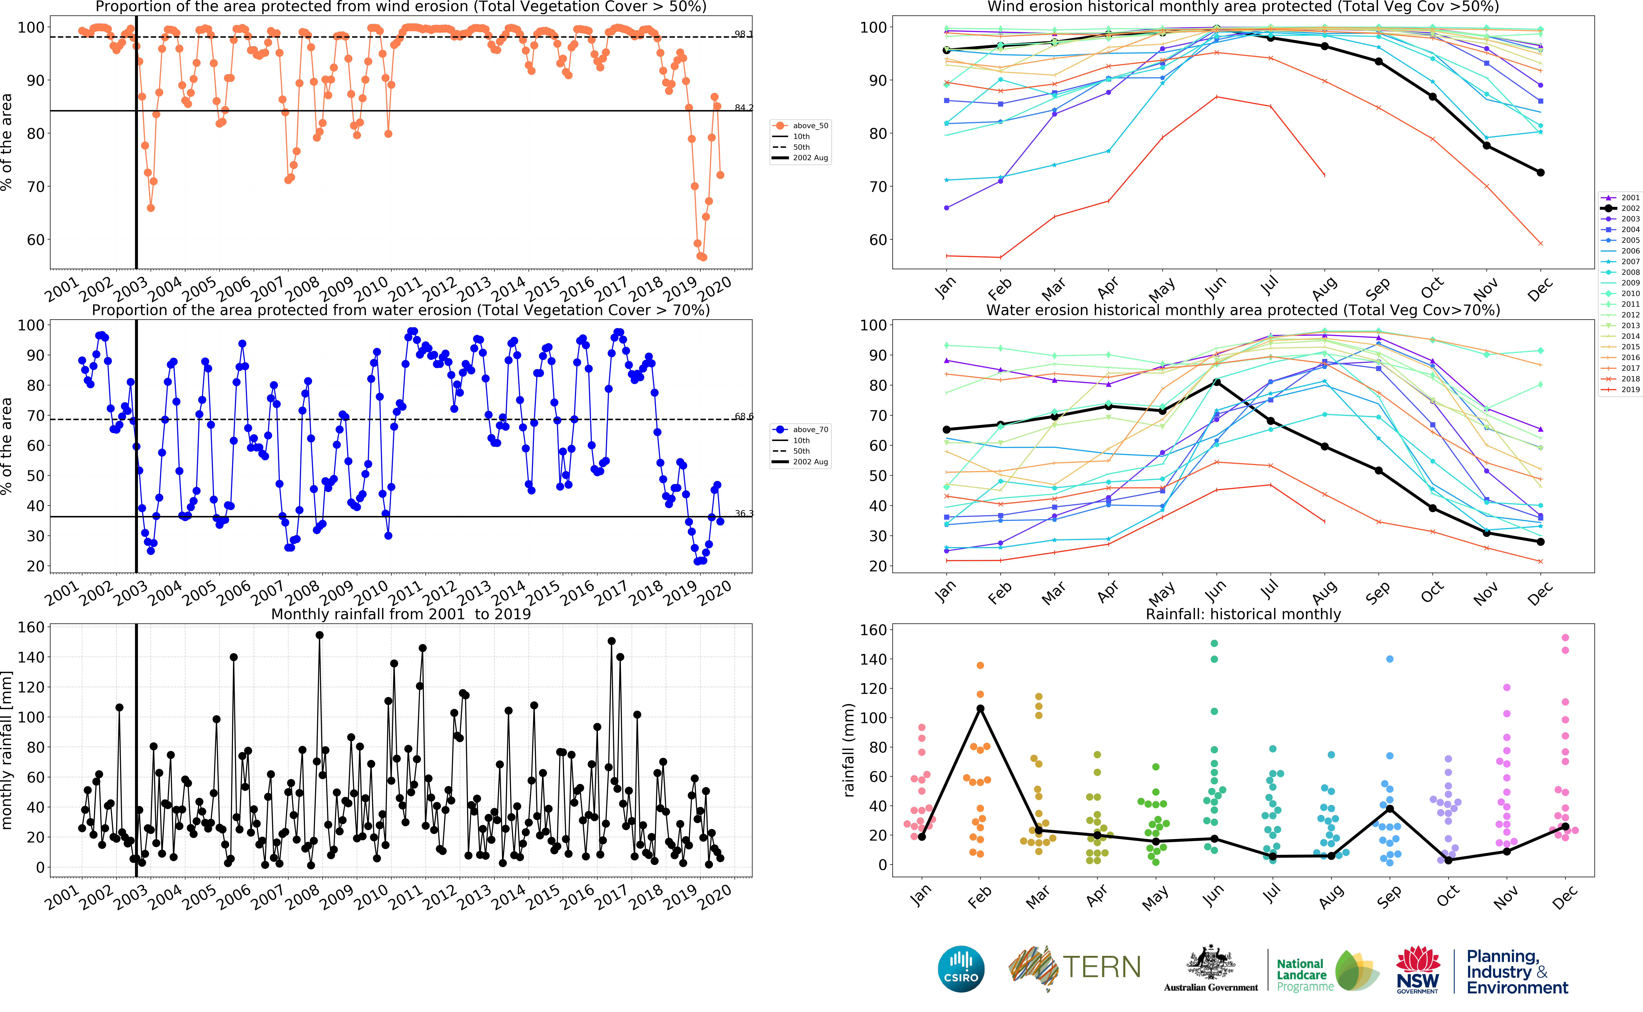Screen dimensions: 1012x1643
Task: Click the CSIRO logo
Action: [961, 969]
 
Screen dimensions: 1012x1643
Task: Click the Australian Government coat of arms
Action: [1211, 964]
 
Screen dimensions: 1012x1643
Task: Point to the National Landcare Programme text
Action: [1301, 974]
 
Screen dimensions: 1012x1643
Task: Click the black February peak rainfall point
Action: [980, 708]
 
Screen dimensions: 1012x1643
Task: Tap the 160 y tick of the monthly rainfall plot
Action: [31, 627]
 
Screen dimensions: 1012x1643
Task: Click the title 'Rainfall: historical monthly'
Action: [1243, 614]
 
